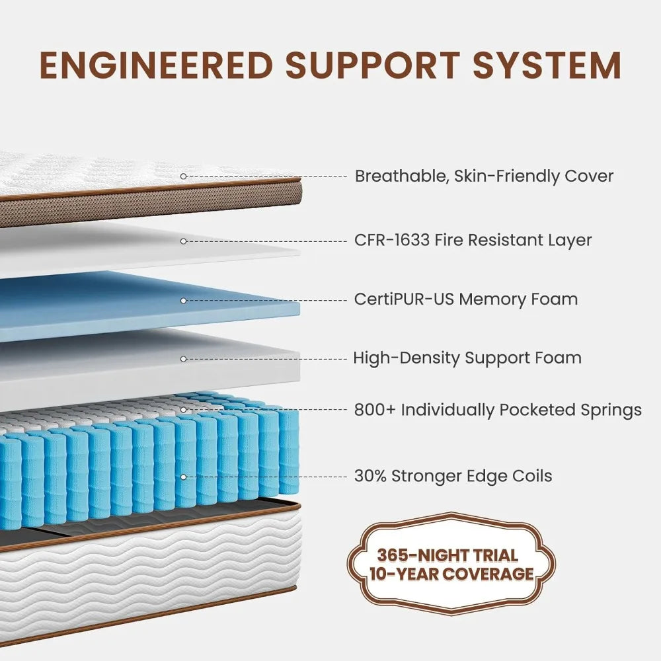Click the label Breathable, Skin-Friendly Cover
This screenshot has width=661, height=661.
coord(484,176)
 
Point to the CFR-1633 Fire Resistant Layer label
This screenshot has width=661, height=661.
coord(473,240)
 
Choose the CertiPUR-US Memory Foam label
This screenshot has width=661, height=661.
coord(465,299)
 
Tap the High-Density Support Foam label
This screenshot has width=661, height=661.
coord(467,358)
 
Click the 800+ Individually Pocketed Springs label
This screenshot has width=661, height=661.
coord(498,410)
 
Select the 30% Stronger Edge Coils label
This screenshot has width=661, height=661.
coord(453,475)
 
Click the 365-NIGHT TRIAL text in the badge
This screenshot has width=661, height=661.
coord(447,555)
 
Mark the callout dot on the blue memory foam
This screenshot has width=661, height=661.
coord(184,300)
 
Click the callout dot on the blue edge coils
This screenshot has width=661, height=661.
coord(184,476)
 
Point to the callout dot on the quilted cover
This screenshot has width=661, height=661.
coord(184,176)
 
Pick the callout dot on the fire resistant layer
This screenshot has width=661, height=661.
coord(184,241)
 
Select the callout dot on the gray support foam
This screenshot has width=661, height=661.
coord(184,359)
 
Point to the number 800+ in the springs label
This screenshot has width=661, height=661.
coord(375,410)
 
